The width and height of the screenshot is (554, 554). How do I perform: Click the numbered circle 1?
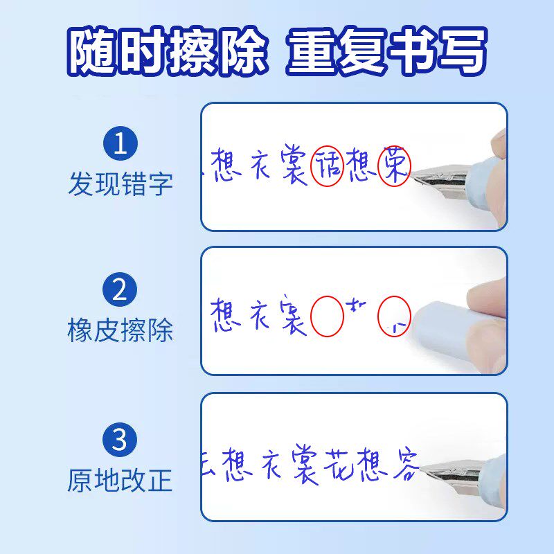pos(120,144)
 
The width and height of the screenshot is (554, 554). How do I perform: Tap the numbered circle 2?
pos(120,289)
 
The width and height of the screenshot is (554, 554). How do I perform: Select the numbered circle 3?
pos(120,440)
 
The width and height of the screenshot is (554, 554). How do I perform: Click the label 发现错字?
pos(120,184)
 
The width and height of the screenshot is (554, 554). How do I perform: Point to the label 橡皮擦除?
pos(120,330)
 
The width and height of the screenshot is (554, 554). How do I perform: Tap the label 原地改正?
pos(120,480)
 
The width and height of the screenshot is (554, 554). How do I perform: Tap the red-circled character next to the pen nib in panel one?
pos(393,167)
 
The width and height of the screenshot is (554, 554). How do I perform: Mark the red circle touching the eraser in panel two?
pos(394,317)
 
